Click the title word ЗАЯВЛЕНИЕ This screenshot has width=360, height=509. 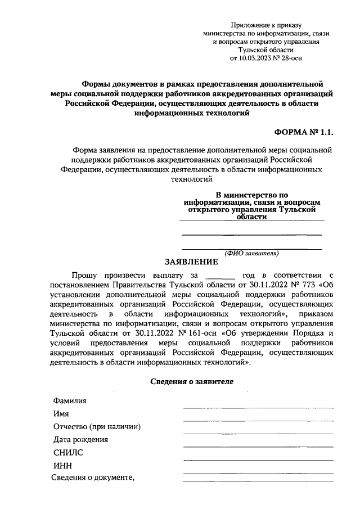[x=191, y=262]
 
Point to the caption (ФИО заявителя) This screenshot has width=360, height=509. [x=251, y=253]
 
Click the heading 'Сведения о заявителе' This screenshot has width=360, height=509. [x=192, y=381]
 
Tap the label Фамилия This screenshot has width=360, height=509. [x=70, y=401]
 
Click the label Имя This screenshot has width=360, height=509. [x=61, y=413]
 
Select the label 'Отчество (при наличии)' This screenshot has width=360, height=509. [x=97, y=426]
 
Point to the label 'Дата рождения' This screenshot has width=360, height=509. [x=81, y=440]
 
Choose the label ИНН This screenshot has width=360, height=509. [x=63, y=466]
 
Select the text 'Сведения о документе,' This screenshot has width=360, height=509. [x=93, y=478]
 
